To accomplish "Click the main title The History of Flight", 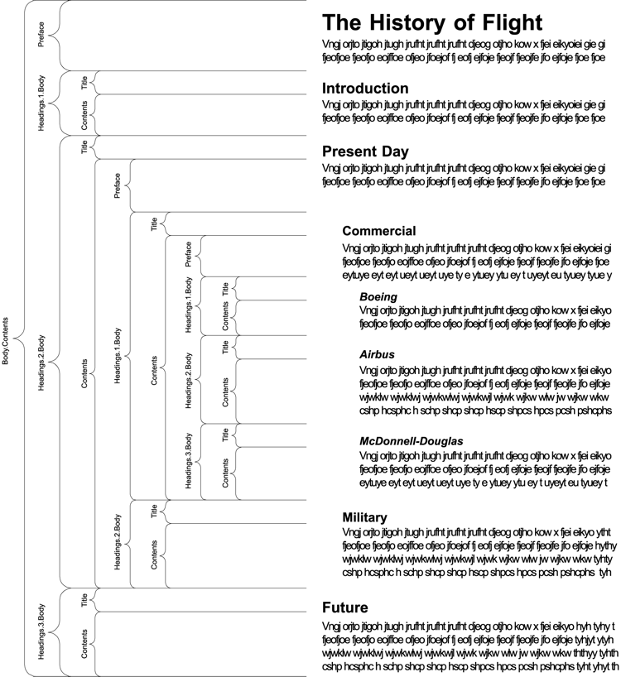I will [x=432, y=22].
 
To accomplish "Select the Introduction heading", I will [x=364, y=89].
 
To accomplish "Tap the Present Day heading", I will [x=364, y=151].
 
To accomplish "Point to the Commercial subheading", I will [x=379, y=231].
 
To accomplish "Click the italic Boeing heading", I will [x=378, y=296].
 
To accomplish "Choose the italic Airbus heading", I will [x=377, y=354].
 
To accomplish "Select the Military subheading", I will [x=364, y=517].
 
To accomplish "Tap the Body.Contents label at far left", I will [x=7, y=340].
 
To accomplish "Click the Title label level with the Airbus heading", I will [x=225, y=347].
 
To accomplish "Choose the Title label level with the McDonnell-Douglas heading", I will [x=225, y=435].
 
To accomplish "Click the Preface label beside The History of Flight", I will [x=42, y=35].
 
